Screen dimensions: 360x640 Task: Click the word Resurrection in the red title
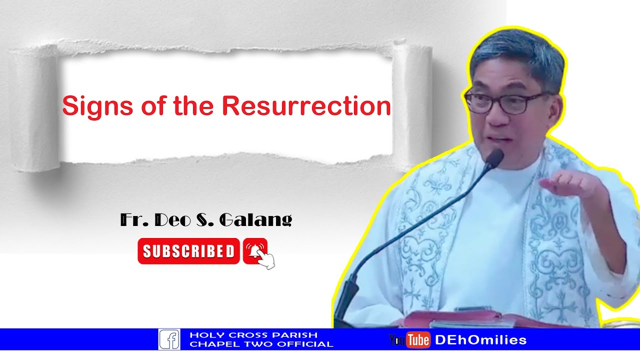coord(306,106)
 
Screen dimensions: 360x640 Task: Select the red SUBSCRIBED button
coord(188,251)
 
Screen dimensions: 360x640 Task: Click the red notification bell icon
coord(255,250)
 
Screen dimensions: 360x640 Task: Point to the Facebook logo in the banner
coord(169,339)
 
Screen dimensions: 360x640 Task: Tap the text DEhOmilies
coord(480,340)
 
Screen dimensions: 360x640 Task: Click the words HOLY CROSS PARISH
coord(253,335)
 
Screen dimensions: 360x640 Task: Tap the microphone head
coord(494,158)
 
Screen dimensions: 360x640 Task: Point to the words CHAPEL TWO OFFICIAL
coord(261,344)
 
